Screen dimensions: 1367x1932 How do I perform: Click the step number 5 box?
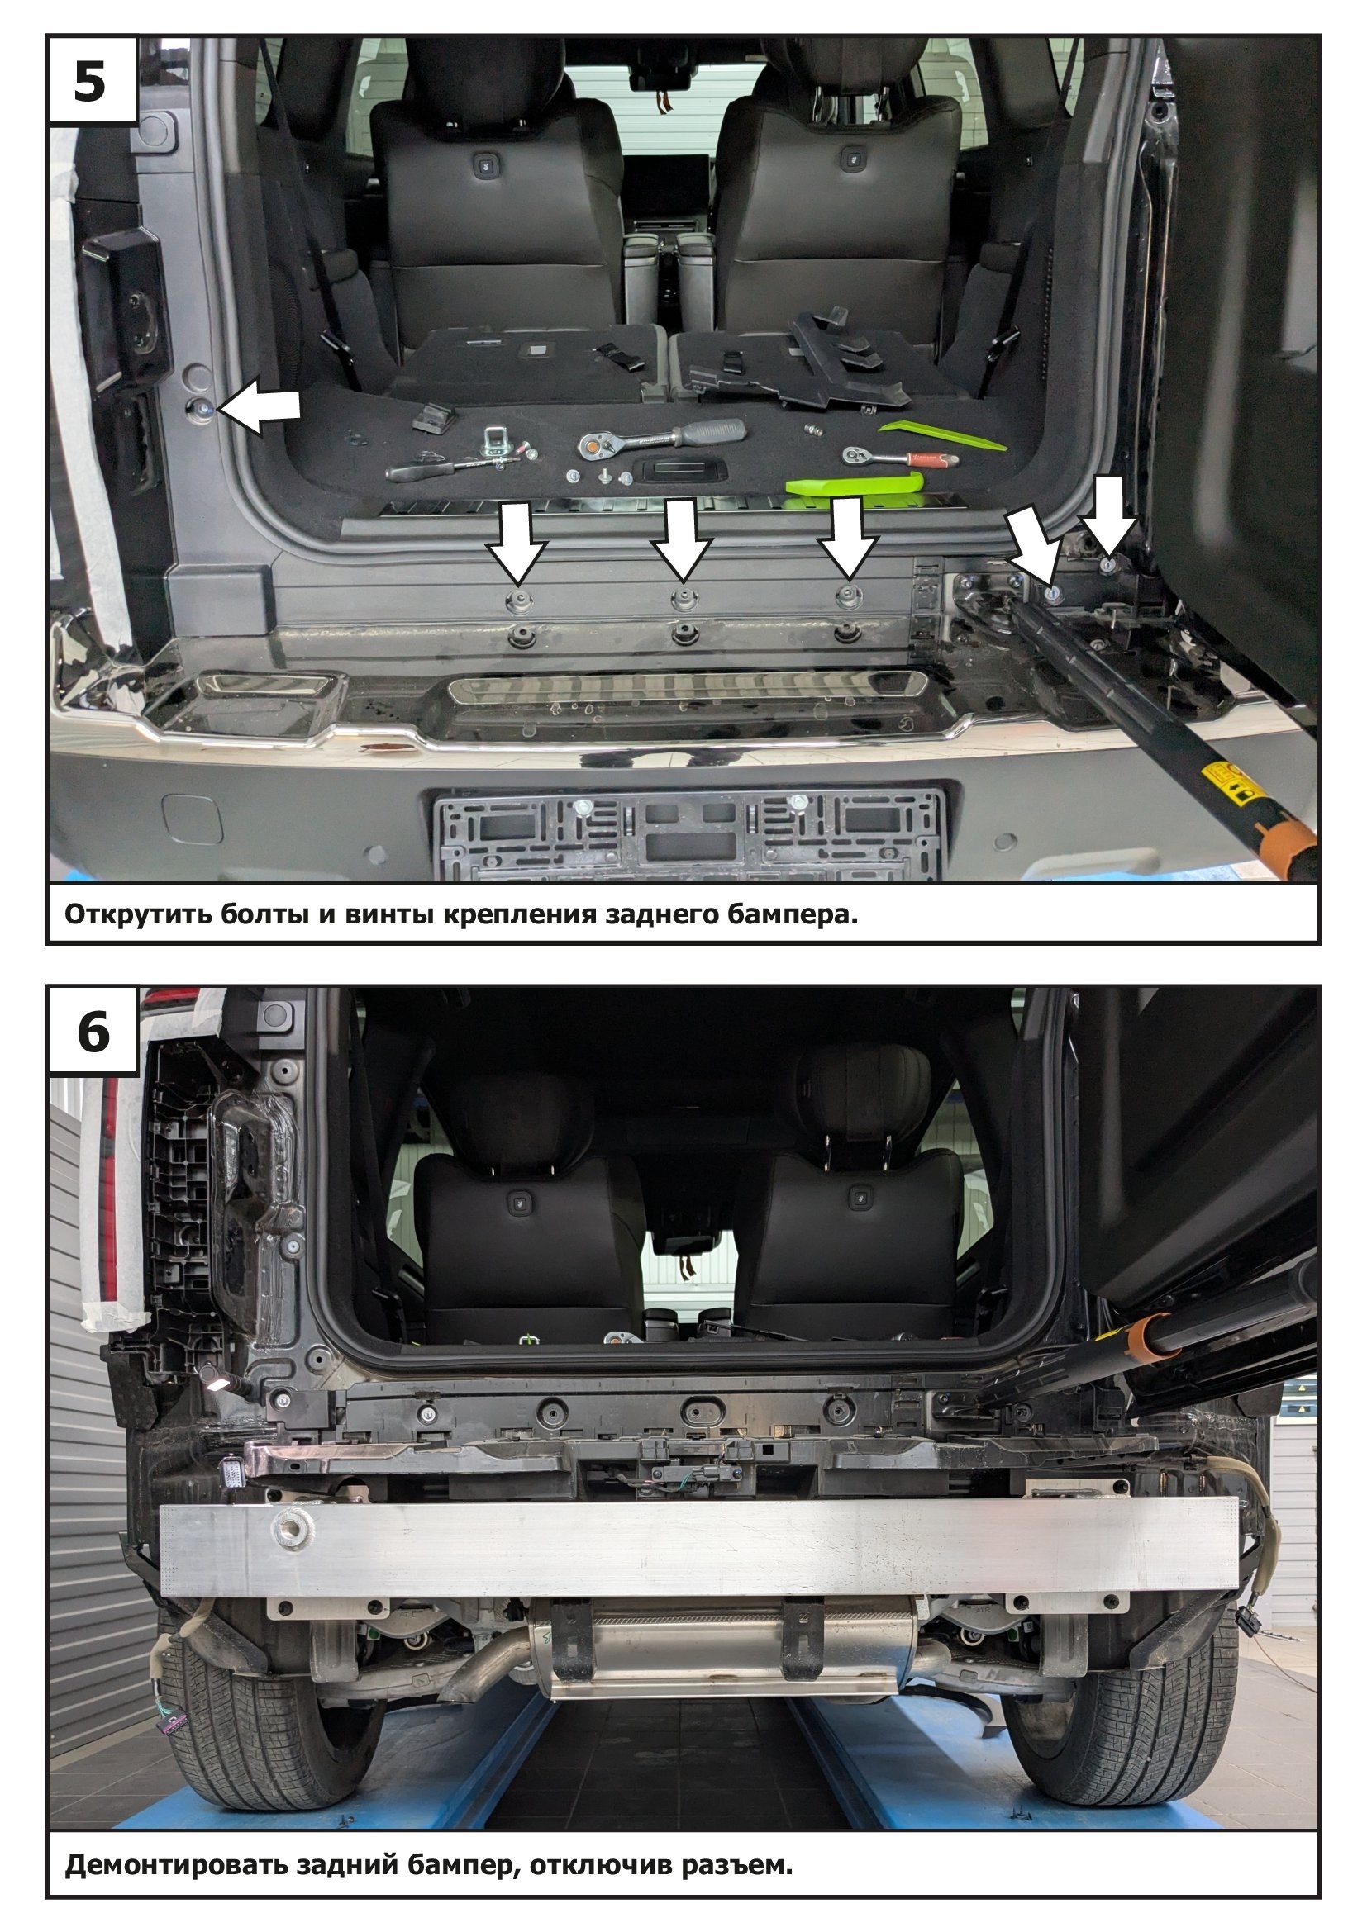click(92, 82)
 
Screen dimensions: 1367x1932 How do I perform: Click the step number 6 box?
click(92, 1031)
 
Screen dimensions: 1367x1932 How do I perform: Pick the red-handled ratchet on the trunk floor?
click(900, 457)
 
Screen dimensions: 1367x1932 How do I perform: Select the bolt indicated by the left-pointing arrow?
click(202, 409)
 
